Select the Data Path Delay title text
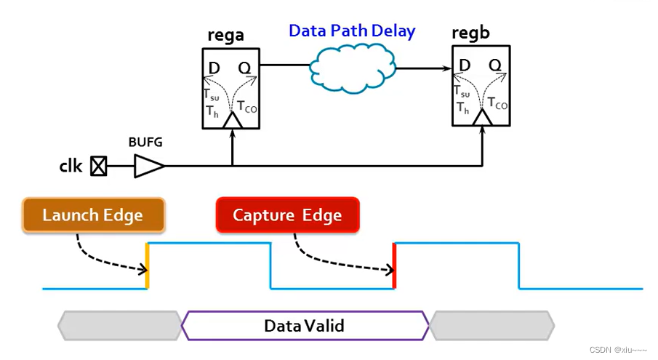click(352, 31)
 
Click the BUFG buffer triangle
click(148, 167)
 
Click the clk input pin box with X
click(98, 167)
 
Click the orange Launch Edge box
click(93, 215)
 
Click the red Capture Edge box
click(287, 215)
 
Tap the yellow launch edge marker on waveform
click(148, 265)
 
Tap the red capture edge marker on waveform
click(394, 265)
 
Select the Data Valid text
click(304, 325)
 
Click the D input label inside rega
click(214, 68)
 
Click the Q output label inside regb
click(494, 65)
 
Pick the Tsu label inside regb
click(462, 92)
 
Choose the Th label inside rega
click(212, 111)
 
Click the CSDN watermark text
click(617, 349)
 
